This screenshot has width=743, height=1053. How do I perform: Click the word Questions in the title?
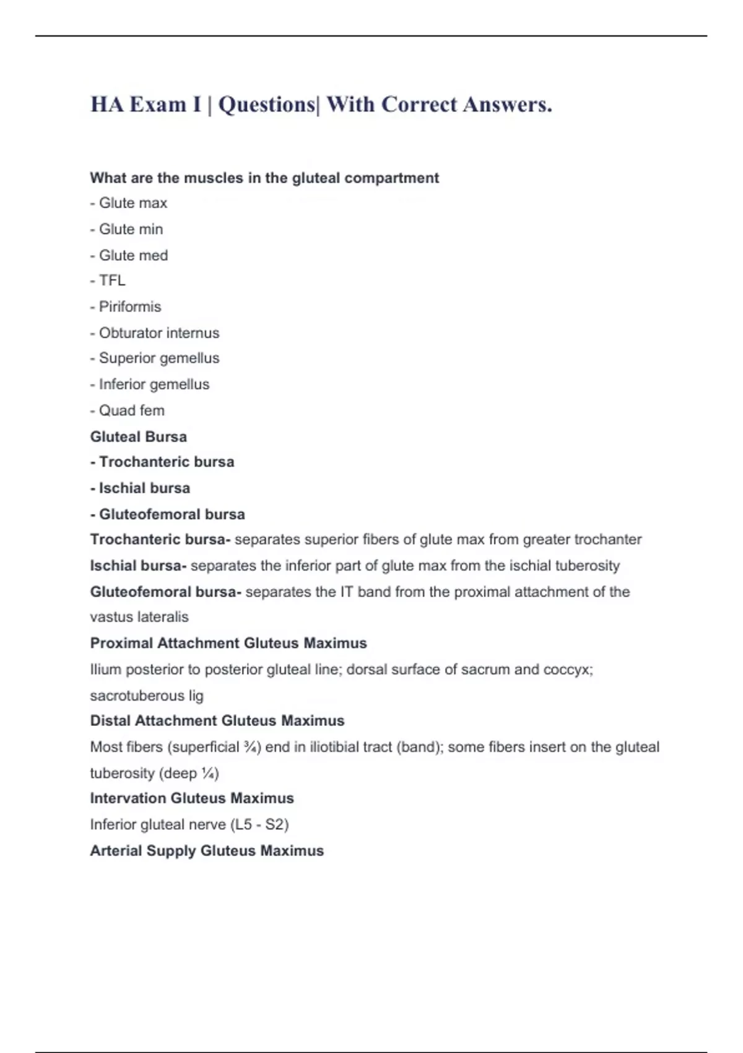267,105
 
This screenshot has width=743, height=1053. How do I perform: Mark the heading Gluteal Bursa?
138,437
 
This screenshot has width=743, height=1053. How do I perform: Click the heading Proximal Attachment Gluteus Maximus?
228,643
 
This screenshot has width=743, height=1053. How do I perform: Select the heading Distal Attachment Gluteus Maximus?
217,720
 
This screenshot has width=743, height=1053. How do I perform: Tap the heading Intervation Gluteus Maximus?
192,798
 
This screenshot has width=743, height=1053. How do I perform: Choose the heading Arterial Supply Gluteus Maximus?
207,850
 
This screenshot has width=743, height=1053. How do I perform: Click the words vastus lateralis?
139,617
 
